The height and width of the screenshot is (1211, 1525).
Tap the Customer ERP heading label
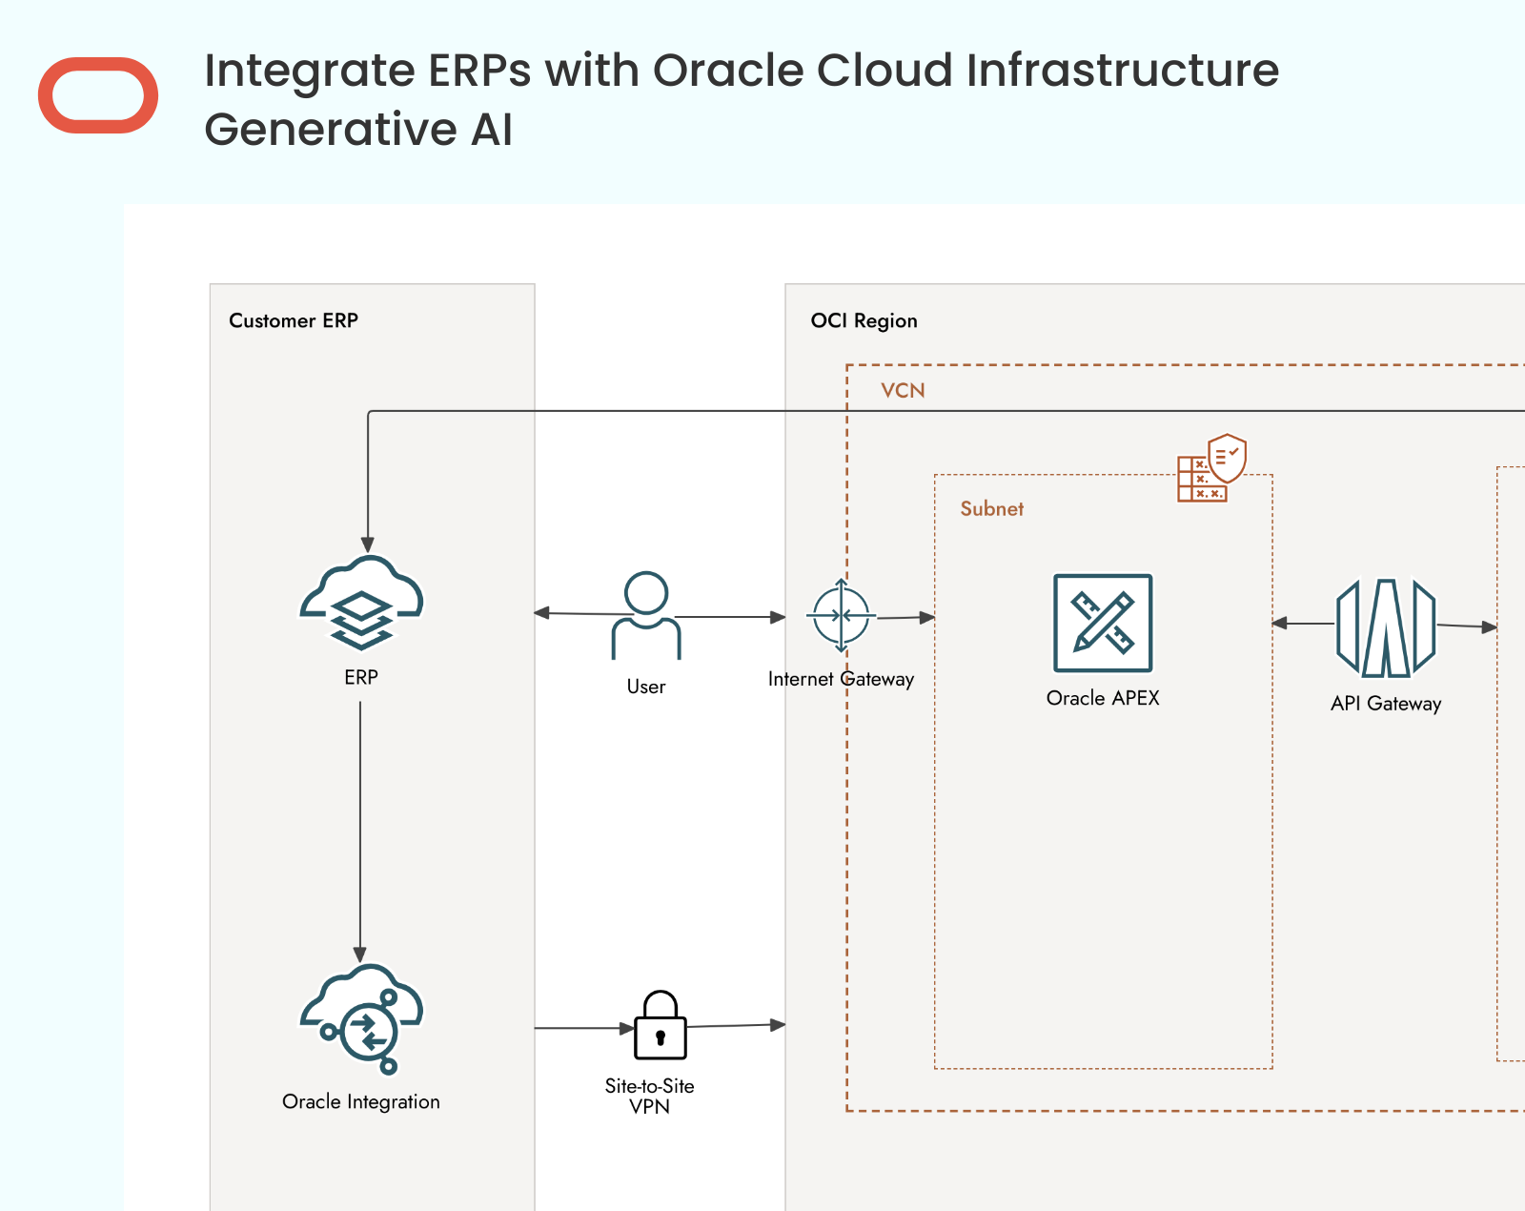(294, 320)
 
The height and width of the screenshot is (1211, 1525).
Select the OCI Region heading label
(864, 321)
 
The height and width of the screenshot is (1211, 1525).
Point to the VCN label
(903, 391)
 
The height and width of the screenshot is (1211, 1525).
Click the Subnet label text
(991, 509)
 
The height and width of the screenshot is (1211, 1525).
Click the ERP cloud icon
(361, 603)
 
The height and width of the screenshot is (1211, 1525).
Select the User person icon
(645, 615)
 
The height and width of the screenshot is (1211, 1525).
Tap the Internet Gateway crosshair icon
(842, 615)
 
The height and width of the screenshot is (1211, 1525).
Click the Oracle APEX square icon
(1103, 624)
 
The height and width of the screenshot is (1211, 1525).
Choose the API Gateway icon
(1386, 628)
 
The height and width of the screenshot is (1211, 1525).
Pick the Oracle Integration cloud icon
(361, 1018)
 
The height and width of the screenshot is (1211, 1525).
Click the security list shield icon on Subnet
(1211, 468)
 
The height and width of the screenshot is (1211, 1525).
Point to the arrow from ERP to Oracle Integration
(360, 831)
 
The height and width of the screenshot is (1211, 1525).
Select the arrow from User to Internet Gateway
(731, 617)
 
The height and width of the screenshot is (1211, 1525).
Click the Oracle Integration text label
(360, 1101)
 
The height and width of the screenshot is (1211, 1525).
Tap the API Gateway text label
(1386, 704)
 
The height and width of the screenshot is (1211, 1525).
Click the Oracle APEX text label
(1103, 698)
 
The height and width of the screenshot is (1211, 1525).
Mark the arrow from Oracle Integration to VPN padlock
(584, 1028)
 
